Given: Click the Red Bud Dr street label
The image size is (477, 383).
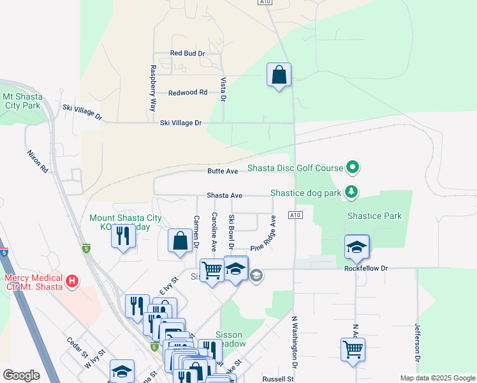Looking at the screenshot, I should (x=187, y=54).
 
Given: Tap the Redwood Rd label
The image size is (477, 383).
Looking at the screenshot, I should (x=187, y=93).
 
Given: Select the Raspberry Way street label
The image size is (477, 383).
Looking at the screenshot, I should (x=153, y=88).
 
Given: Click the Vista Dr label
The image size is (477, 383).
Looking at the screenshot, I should (x=223, y=90).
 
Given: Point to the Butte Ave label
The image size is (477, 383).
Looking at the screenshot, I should (x=223, y=171).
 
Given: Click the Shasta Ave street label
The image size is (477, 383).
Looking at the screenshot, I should (x=224, y=195).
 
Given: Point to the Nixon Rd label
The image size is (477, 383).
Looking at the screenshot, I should (x=38, y=163).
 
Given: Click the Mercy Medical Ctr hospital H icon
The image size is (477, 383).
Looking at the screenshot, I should (x=73, y=280).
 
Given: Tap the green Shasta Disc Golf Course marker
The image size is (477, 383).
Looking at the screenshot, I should (x=353, y=168).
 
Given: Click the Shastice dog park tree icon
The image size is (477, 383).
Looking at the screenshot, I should (x=351, y=191).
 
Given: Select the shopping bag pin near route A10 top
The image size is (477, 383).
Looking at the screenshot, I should (x=279, y=75).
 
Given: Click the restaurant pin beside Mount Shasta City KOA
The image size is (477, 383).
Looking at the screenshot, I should (x=122, y=236).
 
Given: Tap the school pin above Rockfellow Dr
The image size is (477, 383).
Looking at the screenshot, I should (x=356, y=247).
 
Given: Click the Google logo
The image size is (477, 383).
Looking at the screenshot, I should (x=21, y=375).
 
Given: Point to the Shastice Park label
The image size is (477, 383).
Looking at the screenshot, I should (x=374, y=216).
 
